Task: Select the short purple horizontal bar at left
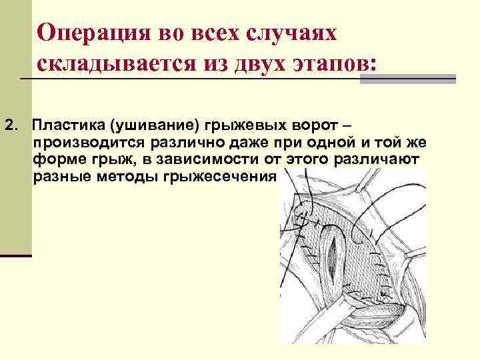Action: pyautogui.click(x=16, y=255)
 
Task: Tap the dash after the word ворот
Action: pyautogui.click(x=359, y=125)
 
